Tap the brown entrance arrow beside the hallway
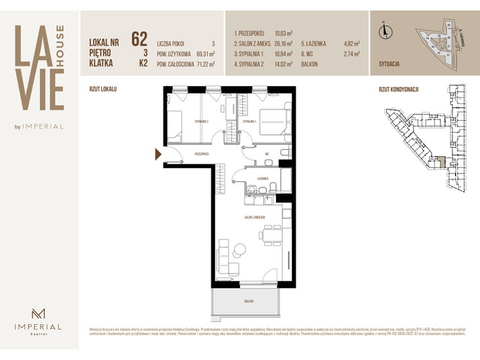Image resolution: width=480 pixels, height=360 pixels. click(x=157, y=154)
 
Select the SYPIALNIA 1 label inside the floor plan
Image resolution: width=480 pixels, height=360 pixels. click(x=250, y=121)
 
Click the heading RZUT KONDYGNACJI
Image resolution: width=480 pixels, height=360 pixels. click(x=399, y=88)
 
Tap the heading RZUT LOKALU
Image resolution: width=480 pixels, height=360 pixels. click(x=102, y=88)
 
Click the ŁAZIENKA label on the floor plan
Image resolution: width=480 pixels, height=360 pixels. click(x=262, y=178)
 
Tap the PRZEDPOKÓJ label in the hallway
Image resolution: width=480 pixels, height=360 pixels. click(x=201, y=153)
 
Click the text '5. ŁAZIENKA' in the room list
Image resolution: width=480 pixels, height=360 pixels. click(x=315, y=43)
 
